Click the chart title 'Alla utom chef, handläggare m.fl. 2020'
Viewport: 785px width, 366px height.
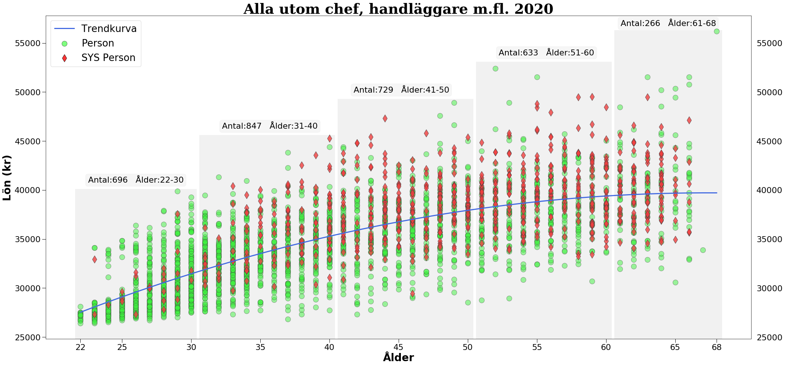(x=398, y=9)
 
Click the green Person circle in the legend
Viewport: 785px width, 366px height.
(x=64, y=44)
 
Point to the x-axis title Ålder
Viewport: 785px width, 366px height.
(x=398, y=357)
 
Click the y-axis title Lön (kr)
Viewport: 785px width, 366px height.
(x=7, y=178)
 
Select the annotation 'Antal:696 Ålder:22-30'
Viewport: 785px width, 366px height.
(x=136, y=180)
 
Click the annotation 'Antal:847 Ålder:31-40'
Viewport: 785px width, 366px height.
(x=270, y=126)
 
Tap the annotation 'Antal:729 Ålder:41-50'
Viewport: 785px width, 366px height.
(x=401, y=90)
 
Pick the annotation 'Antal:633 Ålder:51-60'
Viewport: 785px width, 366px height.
(x=546, y=53)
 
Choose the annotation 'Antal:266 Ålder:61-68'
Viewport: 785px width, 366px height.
(x=668, y=23)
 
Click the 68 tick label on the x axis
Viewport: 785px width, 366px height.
(x=717, y=347)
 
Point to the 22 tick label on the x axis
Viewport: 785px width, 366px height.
(x=80, y=347)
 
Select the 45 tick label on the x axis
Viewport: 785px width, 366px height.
(x=399, y=347)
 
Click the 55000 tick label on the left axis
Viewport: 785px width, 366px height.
(x=27, y=44)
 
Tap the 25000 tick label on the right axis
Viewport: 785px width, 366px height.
(x=769, y=337)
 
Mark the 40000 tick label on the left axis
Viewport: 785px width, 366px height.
(x=27, y=190)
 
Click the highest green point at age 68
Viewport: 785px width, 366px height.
(x=717, y=31)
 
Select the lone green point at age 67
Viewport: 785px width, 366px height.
(x=703, y=250)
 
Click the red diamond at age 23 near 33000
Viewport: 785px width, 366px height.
(x=94, y=259)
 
